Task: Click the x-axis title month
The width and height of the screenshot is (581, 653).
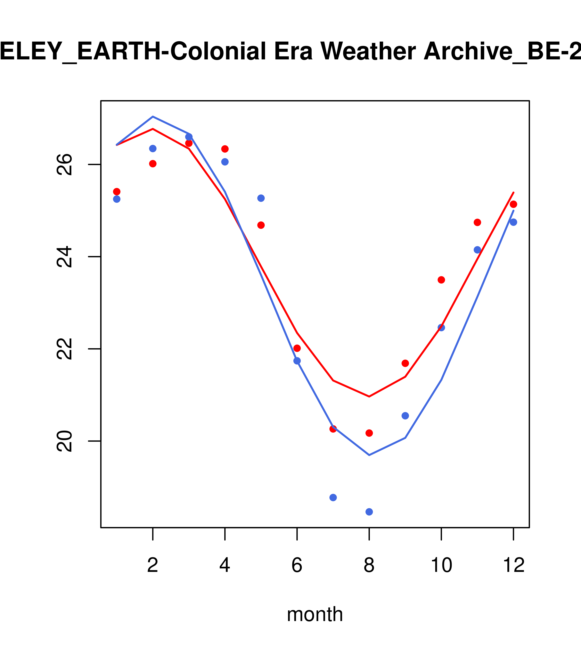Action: coord(315,614)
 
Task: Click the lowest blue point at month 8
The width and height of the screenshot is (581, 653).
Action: coord(369,512)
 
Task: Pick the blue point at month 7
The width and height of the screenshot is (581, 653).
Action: coord(333,497)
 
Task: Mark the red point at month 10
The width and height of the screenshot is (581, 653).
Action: coord(441,280)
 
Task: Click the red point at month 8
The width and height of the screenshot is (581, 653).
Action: coord(369,433)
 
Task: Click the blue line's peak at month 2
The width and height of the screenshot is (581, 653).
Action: coord(153,117)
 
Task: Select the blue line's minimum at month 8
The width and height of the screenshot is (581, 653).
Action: coord(369,455)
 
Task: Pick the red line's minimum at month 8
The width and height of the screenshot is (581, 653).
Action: coord(369,397)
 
